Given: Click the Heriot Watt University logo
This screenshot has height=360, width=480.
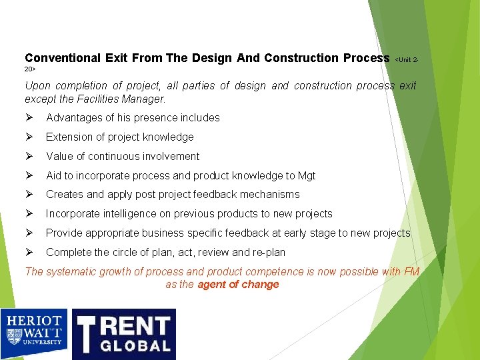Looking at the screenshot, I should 35,333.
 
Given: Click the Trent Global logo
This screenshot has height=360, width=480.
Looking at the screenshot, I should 123,333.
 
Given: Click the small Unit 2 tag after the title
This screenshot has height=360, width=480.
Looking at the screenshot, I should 406,60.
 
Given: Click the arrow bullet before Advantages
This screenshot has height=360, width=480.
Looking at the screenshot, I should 29,117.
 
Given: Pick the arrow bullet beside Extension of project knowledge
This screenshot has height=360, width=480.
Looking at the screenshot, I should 29,137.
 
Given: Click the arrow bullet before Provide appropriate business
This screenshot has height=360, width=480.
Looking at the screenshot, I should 29,233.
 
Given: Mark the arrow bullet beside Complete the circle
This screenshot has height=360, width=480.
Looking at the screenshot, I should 29,253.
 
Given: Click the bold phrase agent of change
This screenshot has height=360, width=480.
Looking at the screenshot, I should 238,285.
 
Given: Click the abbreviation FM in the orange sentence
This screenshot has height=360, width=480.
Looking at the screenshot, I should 411,271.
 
